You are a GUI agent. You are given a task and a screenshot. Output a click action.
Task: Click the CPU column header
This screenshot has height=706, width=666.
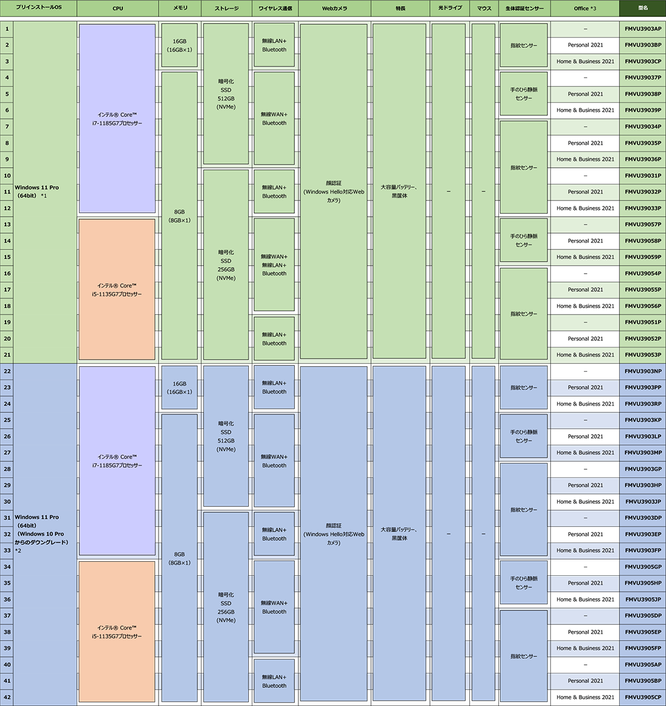tap(117, 8)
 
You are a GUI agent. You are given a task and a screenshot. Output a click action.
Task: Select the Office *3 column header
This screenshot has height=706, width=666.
tap(585, 8)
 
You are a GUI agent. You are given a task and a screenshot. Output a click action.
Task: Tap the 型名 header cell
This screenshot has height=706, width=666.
tap(642, 8)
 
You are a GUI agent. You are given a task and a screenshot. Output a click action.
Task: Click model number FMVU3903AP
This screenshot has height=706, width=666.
tap(642, 29)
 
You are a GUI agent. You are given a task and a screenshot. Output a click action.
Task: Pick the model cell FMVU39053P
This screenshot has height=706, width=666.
tap(642, 355)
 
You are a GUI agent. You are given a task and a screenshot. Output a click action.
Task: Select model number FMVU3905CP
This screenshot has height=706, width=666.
tap(642, 697)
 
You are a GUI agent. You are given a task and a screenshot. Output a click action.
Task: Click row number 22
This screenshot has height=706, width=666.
tap(7, 371)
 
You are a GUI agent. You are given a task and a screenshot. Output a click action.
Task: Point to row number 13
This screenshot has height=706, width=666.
tap(7, 224)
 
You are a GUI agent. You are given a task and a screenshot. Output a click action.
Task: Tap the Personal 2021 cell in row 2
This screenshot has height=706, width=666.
tap(585, 45)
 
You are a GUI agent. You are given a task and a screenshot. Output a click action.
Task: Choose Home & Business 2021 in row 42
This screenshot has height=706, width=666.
tap(585, 697)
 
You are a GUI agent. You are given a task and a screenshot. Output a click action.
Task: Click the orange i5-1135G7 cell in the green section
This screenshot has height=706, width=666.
tap(117, 289)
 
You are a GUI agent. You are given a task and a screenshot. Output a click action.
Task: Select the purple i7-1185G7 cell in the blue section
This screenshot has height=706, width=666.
tap(117, 461)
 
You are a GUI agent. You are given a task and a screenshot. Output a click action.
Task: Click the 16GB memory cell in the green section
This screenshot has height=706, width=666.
tap(179, 45)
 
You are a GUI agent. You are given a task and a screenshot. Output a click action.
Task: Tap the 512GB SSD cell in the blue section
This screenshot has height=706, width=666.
tap(226, 436)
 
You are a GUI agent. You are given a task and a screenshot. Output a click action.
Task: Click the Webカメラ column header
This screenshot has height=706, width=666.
tap(335, 8)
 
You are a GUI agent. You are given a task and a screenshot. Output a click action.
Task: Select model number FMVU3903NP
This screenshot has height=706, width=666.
tap(642, 371)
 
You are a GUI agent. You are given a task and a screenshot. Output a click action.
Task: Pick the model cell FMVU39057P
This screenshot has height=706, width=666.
tap(642, 224)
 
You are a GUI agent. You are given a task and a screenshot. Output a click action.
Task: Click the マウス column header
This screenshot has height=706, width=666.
tap(484, 8)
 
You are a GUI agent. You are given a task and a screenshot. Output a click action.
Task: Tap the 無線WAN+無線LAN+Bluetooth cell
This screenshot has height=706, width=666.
tap(274, 265)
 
